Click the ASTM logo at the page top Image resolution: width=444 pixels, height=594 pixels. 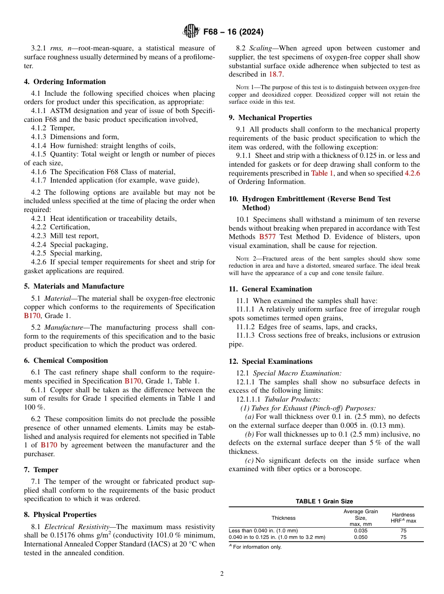coord(191,32)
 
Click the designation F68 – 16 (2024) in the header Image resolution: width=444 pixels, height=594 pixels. coord(233,32)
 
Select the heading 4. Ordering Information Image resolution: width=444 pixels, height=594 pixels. coord(65,82)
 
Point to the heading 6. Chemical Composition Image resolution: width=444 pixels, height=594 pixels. coord(66,361)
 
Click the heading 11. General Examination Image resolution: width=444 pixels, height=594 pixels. coord(270,289)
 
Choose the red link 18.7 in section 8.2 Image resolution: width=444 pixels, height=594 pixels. coord(275,74)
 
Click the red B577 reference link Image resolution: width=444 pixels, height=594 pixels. coord(267,237)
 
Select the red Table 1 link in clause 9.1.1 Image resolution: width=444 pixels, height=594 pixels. coord(322,173)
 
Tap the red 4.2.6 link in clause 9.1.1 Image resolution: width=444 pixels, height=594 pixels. coord(412,173)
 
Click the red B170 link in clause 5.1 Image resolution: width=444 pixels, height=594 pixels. coord(32,316)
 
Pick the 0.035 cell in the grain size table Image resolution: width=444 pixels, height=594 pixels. coord(360,531)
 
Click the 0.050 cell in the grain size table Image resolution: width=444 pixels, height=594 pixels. coord(360,537)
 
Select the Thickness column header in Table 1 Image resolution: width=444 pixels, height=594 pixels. coord(283,518)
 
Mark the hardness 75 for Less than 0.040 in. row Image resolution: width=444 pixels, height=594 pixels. coord(403,531)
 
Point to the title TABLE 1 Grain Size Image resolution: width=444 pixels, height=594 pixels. coord(324,502)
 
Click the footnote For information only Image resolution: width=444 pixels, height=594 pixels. coord(257,547)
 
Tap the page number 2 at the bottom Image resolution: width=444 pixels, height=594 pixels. coord(222,574)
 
